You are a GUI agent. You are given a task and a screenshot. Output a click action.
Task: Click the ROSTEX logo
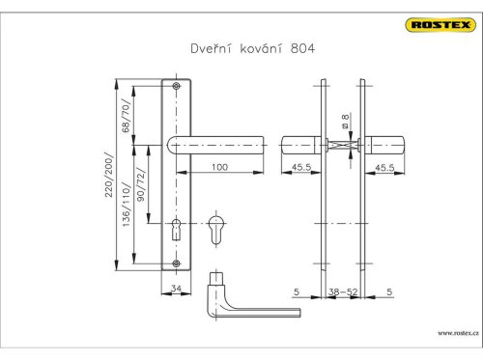pos(440,25)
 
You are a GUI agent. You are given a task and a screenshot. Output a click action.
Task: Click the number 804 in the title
pos(302,48)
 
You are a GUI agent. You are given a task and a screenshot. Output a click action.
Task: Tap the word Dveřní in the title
pos(211,48)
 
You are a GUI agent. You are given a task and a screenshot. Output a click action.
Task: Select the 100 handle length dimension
pos(219,167)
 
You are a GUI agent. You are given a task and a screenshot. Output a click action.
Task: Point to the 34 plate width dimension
pos(176,289)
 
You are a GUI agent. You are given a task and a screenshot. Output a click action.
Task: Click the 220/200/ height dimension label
pos(109,175)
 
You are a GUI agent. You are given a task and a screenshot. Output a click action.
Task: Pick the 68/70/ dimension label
pos(127,116)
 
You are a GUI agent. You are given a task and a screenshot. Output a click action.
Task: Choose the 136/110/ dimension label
pos(127,205)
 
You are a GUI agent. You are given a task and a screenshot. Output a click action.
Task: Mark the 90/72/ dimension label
pos(141,184)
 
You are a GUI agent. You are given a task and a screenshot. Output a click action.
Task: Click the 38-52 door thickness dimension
pos(343,291)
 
